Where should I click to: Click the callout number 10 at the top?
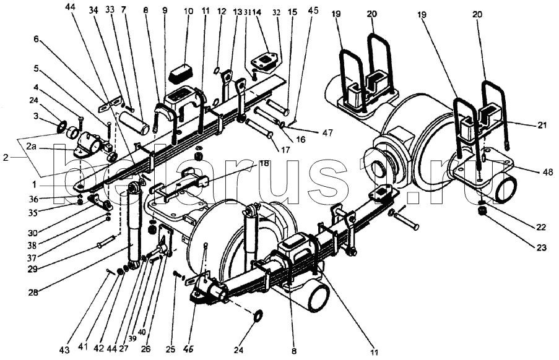(x=187, y=12)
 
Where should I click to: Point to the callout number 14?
(x=258, y=12)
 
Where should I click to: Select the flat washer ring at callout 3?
(x=63, y=128)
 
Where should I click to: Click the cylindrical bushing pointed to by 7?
(x=134, y=121)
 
